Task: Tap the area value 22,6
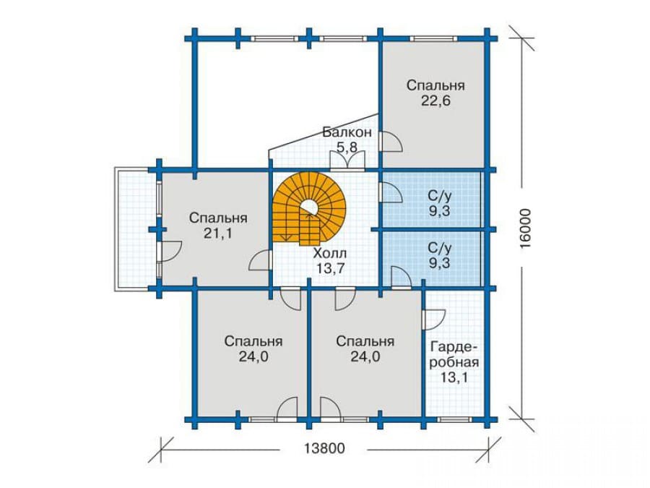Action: (435, 100)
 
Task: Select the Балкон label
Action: (347, 132)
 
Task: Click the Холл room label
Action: (330, 253)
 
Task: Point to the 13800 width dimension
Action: (324, 448)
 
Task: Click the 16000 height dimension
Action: (525, 228)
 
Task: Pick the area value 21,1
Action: (218, 234)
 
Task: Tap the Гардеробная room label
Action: (454, 354)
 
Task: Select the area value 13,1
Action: (454, 377)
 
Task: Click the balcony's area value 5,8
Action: (347, 147)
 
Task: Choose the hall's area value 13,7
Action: (330, 268)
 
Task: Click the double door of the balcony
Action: (347, 161)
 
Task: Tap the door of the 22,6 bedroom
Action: (391, 142)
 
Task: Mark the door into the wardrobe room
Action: (433, 320)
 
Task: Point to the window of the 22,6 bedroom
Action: (433, 38)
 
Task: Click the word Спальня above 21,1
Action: (218, 218)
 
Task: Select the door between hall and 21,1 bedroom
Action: (260, 261)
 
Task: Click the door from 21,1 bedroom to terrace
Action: (169, 251)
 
